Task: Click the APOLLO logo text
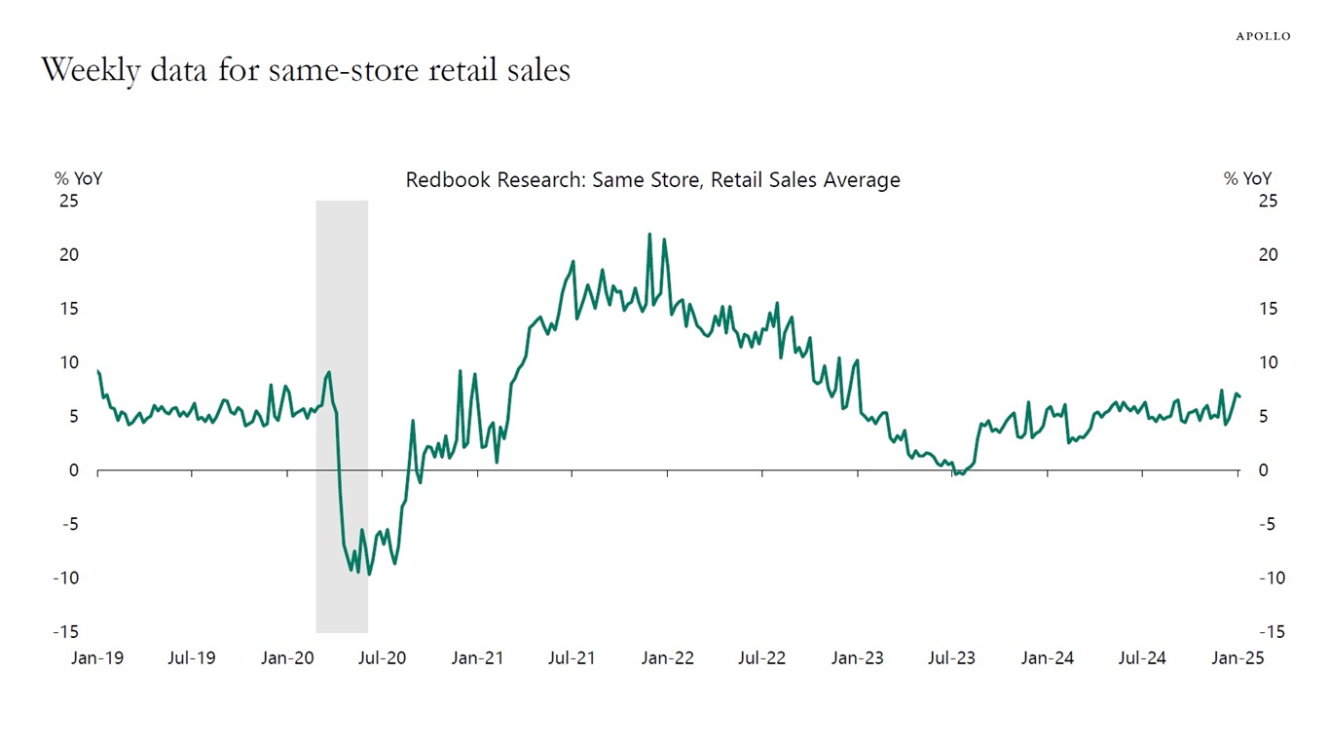(x=1263, y=36)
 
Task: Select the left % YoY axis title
(x=78, y=178)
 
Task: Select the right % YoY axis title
(x=1247, y=178)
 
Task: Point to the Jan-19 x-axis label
(x=97, y=657)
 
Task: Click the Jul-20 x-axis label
(x=383, y=657)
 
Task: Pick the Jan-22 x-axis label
(x=668, y=657)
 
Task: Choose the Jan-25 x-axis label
(x=1238, y=657)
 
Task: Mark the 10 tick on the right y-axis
(x=1267, y=362)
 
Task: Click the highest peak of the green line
(x=649, y=235)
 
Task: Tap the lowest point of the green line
(x=369, y=574)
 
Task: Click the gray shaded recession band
(x=342, y=292)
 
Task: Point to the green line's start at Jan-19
(x=98, y=371)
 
